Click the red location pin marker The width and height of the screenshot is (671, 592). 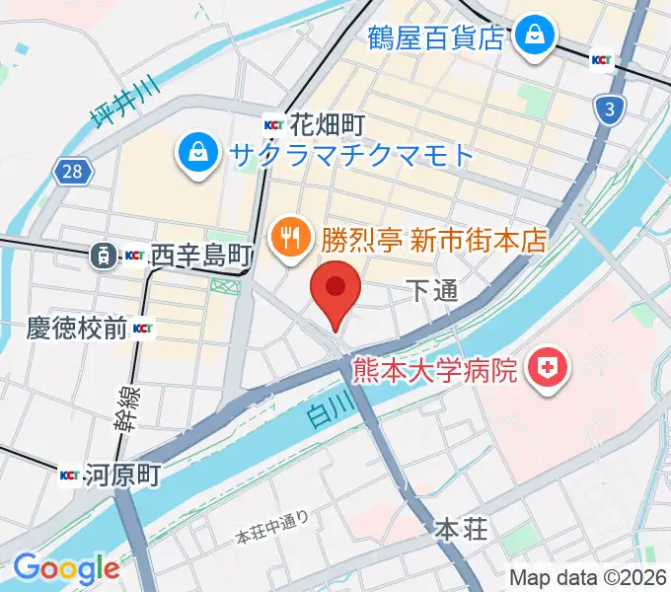tap(335, 289)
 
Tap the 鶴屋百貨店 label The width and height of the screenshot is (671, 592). tap(436, 37)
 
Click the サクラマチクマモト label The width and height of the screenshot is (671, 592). tap(352, 154)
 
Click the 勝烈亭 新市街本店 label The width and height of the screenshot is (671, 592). tap(433, 240)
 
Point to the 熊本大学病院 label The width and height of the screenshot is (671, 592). tap(435, 371)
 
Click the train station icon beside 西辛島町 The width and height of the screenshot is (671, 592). tap(102, 257)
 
